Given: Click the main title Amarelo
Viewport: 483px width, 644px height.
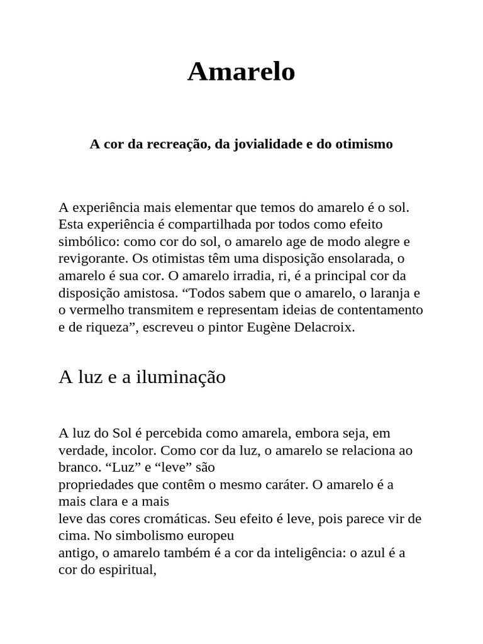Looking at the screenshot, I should (x=241, y=72).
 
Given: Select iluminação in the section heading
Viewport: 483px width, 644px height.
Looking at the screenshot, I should (x=180, y=377).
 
